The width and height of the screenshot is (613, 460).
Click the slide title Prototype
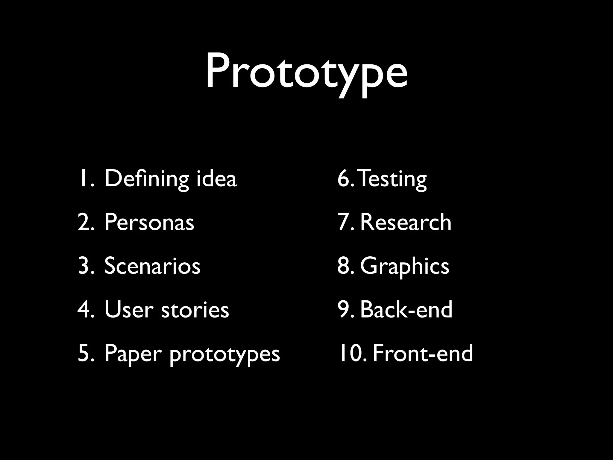pos(306,72)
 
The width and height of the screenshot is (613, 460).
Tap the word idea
pos(216,179)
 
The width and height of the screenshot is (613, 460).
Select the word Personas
pos(149,223)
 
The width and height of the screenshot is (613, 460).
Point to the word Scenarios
pos(152,266)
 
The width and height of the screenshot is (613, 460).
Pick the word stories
pos(195,310)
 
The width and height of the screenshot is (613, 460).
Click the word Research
pos(406,223)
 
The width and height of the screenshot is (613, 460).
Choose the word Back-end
pos(406,310)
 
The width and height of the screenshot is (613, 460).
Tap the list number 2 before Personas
pos(84,223)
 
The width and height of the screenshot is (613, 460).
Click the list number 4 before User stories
pos(84,310)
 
